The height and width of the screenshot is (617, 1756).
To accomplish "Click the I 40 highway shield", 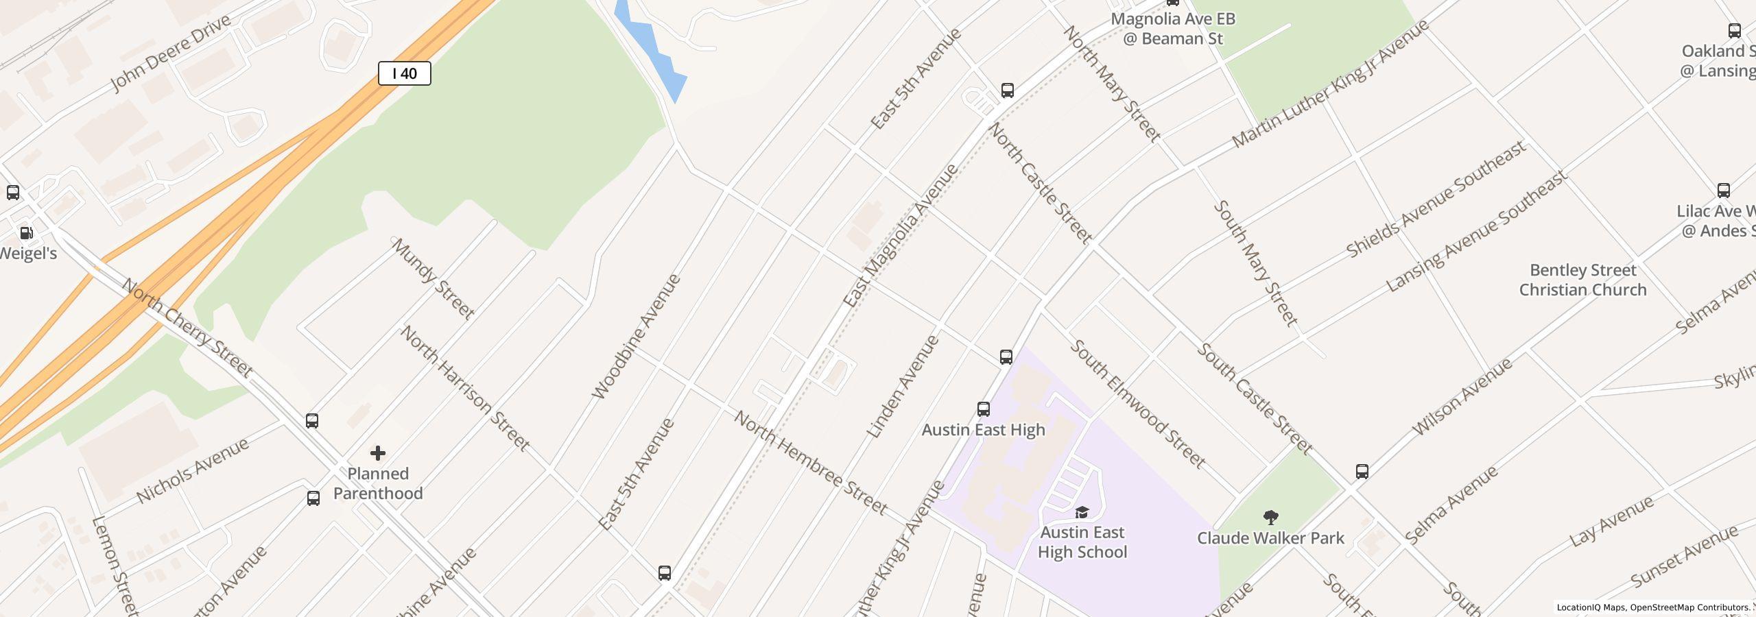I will [405, 73].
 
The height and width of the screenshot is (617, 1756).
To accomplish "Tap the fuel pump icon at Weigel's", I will [26, 233].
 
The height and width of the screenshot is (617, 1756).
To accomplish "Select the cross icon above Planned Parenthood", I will [378, 453].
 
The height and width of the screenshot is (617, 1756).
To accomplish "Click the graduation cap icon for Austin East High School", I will [1082, 512].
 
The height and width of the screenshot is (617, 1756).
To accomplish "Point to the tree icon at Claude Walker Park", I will [1270, 517].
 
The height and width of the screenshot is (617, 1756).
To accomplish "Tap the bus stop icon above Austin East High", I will [984, 409].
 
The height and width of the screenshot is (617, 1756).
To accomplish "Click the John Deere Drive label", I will [171, 53].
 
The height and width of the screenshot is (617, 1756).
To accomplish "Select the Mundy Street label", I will [433, 279].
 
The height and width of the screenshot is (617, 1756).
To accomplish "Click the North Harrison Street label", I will [465, 389].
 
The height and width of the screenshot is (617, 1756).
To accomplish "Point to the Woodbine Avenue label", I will [636, 337].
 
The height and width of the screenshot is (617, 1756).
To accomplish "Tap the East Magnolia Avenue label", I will [900, 235].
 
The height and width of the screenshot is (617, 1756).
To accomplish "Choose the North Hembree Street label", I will [811, 463].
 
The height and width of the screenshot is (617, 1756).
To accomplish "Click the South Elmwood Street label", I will [1137, 404].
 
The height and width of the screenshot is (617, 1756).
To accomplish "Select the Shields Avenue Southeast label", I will [1436, 199].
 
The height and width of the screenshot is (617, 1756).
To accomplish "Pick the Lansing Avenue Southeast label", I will [1477, 231].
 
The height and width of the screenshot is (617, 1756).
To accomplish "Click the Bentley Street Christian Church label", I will [1582, 280].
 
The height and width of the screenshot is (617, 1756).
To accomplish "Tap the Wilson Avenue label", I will [1462, 397].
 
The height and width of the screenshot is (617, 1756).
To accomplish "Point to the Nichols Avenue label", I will [193, 471].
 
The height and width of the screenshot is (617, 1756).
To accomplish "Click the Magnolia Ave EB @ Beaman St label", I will [1173, 29].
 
